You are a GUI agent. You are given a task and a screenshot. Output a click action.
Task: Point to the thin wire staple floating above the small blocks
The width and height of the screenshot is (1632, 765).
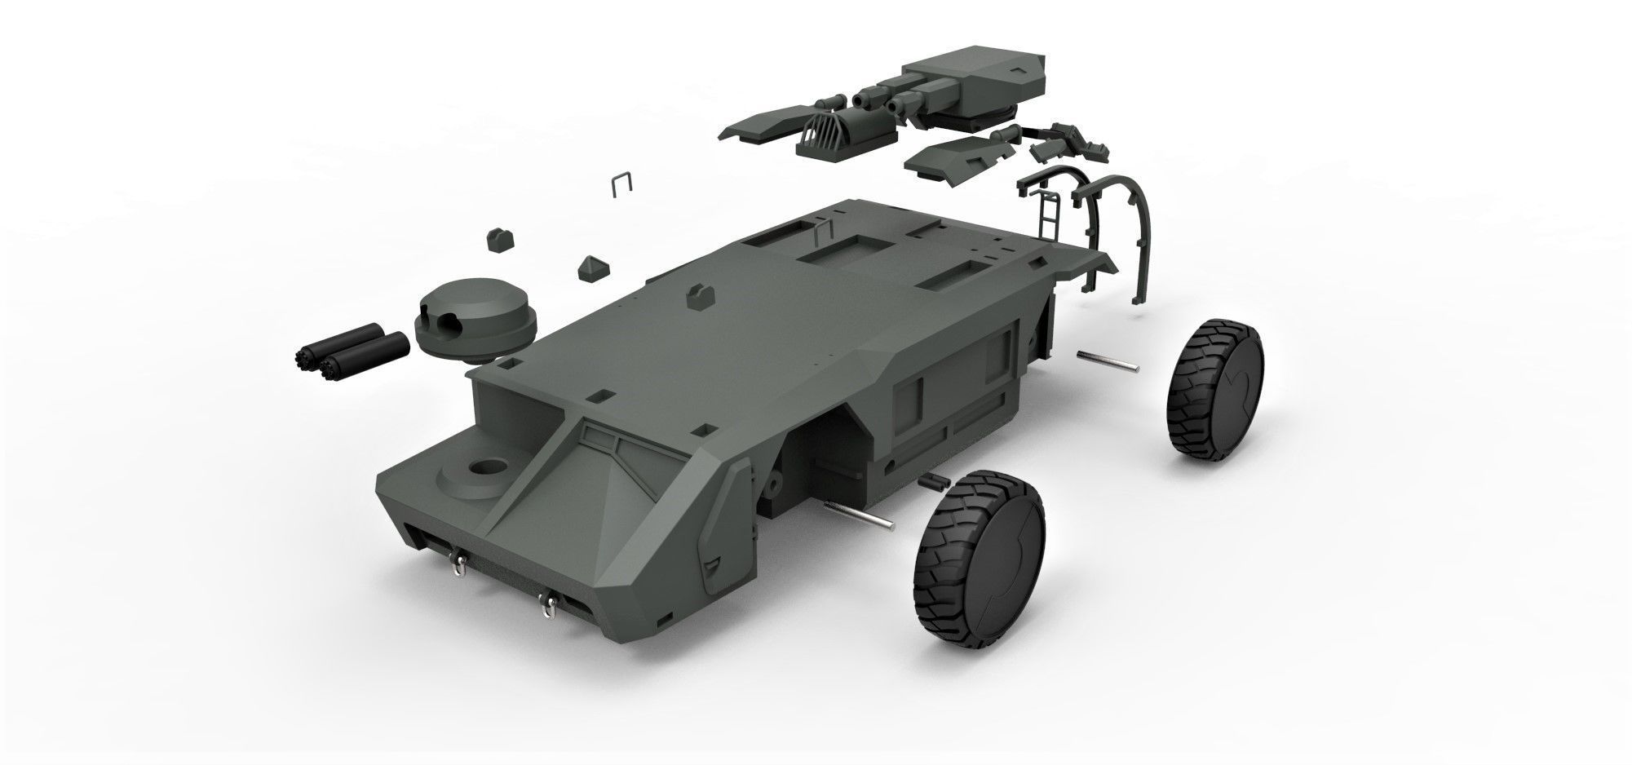(623, 185)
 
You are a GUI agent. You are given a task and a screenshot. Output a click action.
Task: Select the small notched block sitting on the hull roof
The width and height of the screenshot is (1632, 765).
(700, 297)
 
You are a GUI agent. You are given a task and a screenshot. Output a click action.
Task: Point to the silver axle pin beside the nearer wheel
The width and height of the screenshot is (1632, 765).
(860, 514)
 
